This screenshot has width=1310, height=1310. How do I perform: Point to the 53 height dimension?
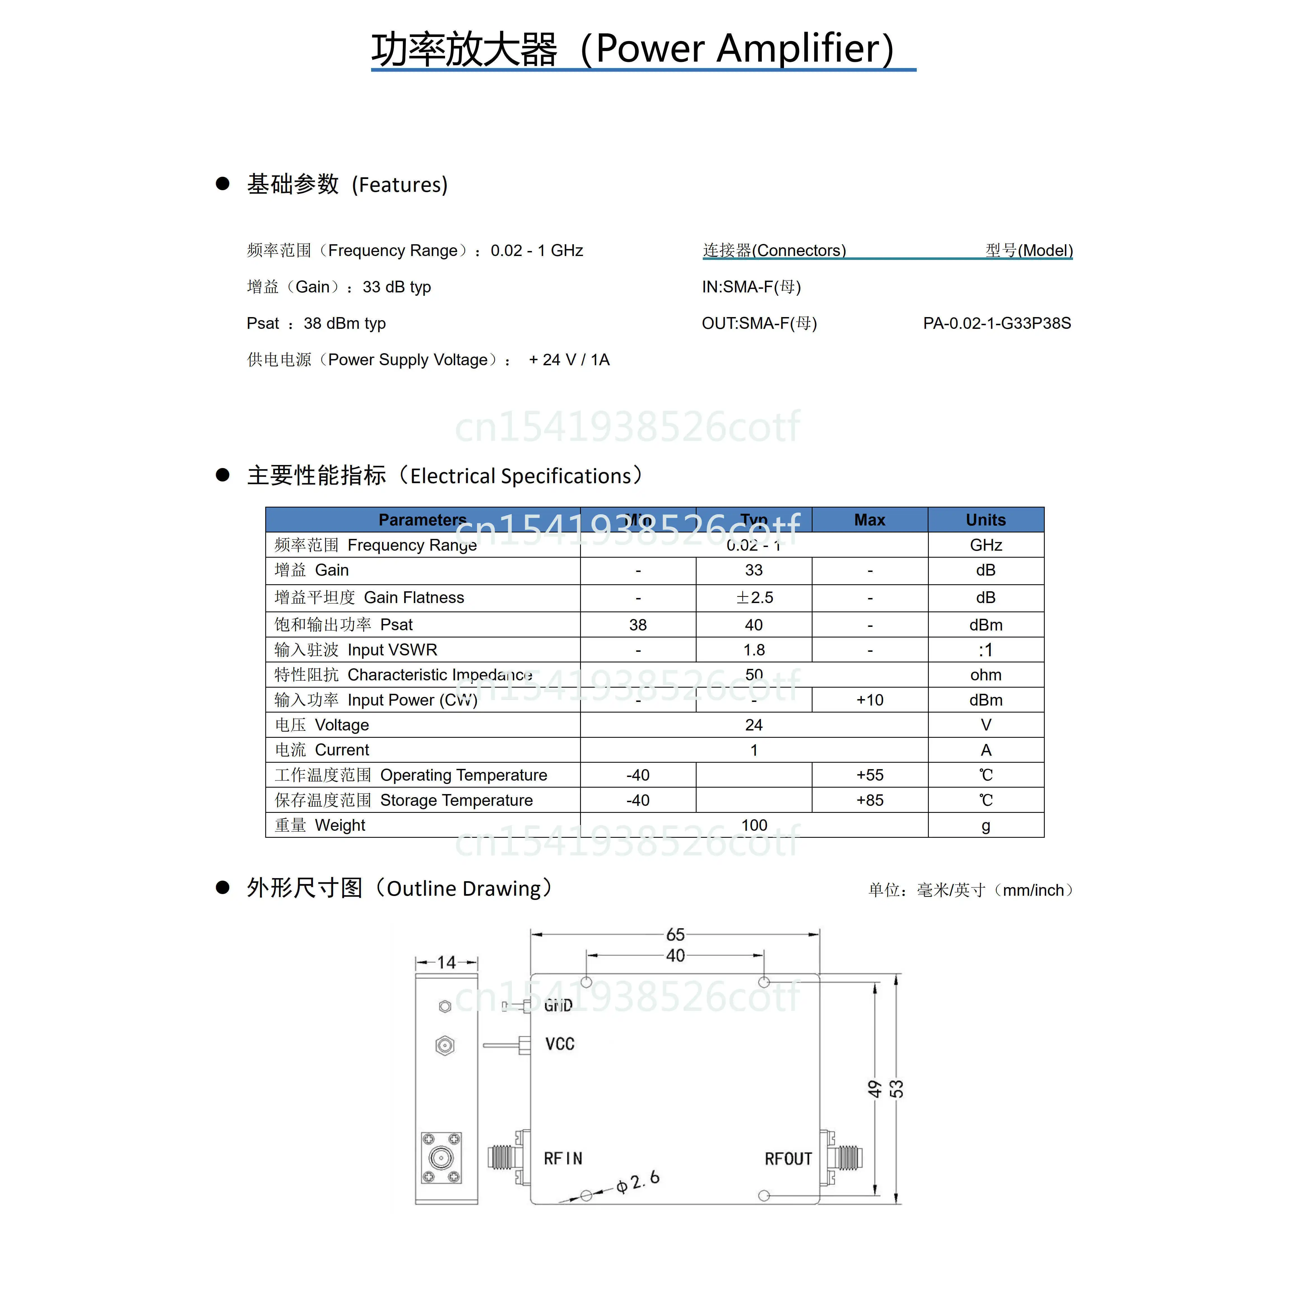(896, 1089)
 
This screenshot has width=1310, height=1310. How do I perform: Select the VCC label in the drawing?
(560, 1044)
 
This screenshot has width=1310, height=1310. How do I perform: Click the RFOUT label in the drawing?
(788, 1159)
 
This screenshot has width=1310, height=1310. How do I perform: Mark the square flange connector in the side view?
(441, 1157)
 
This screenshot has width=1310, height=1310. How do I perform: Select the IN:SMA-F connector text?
(751, 287)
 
